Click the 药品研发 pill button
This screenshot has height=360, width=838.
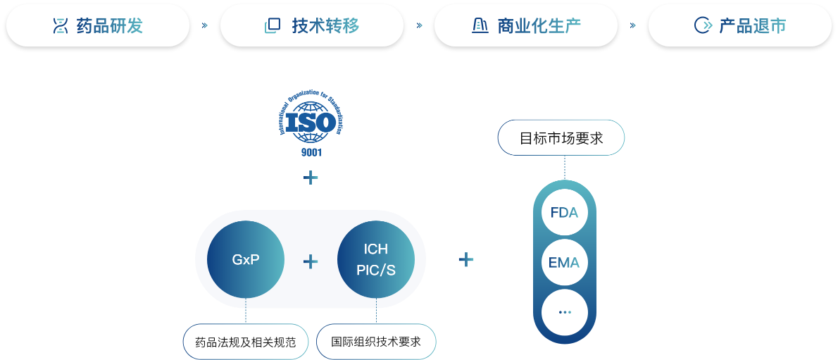tap(98, 25)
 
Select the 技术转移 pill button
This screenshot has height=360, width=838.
tap(312, 25)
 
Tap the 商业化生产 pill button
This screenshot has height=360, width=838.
tap(526, 25)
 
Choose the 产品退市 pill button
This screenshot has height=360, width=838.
tap(740, 25)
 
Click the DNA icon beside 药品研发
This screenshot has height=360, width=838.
tap(61, 25)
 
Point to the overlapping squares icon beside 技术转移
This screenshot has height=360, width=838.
tap(273, 25)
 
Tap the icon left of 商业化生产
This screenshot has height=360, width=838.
tap(480, 25)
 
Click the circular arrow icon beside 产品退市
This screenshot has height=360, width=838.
tap(702, 25)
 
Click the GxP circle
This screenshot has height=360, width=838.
tap(246, 259)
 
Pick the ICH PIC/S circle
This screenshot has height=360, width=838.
tap(376, 259)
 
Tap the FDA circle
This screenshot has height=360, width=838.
tap(565, 212)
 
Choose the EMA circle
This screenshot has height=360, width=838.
tap(565, 263)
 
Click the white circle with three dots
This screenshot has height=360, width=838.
tap(565, 312)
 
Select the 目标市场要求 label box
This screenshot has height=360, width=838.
tap(561, 138)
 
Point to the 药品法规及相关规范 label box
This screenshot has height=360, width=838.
tap(246, 341)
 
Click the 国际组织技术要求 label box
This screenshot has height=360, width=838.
tap(376, 341)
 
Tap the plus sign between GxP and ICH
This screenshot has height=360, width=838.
tap(311, 261)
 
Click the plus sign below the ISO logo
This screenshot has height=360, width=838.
tap(311, 178)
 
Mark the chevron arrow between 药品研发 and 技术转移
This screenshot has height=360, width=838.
tap(205, 25)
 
